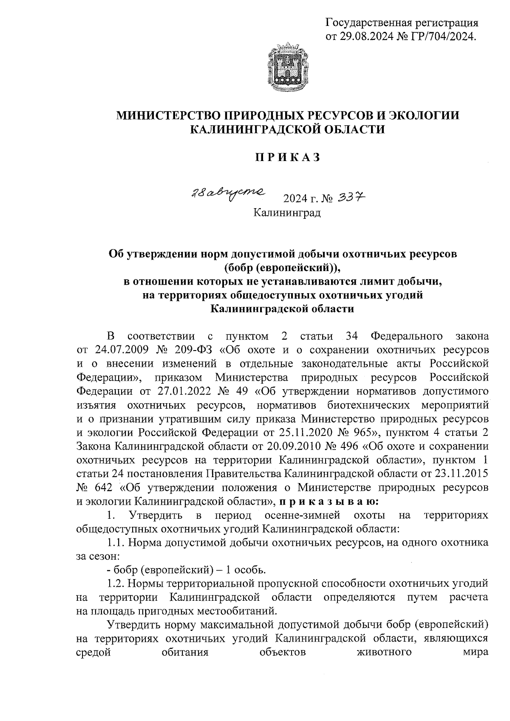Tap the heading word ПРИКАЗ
[x=287, y=157]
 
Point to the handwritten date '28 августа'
[x=227, y=194]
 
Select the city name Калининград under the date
[x=287, y=212]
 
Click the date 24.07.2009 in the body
[x=112, y=351]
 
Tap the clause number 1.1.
[x=115, y=542]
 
